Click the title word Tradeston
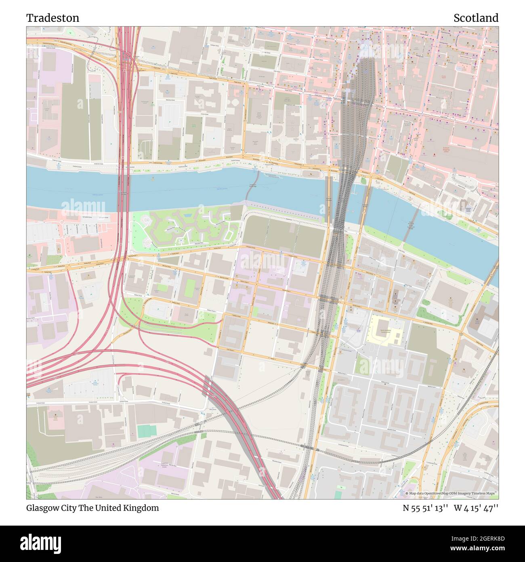tap(53, 18)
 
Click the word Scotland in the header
tap(475, 18)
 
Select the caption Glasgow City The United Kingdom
tap(92, 508)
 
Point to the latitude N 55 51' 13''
tap(425, 508)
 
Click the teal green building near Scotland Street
tap(146, 431)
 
